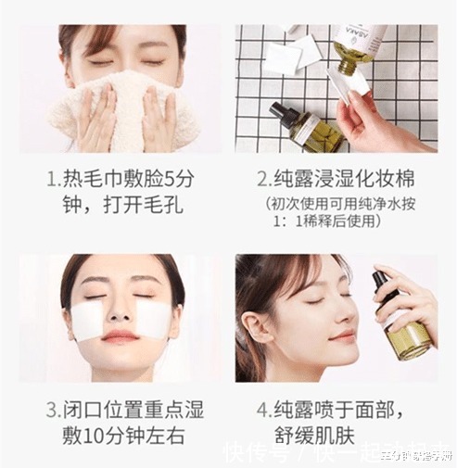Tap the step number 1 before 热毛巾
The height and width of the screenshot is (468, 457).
click(x=53, y=177)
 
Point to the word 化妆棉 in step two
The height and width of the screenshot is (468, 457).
click(x=389, y=177)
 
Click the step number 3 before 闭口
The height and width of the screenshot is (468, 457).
click(x=53, y=409)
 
